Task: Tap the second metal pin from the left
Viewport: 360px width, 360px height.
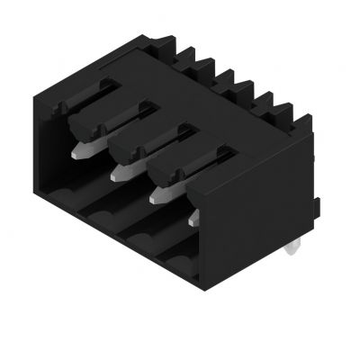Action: [x=121, y=164]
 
